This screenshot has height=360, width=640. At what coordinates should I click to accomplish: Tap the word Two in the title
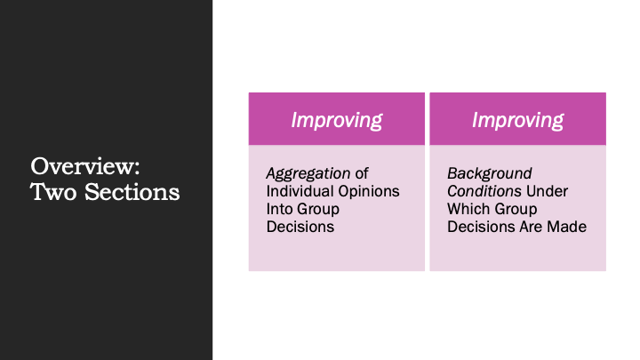tap(53, 192)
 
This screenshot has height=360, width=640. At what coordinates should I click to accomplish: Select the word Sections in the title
tap(132, 192)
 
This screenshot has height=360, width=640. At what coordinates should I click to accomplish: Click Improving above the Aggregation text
tap(337, 120)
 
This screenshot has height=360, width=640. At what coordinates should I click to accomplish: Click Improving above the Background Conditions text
tap(517, 120)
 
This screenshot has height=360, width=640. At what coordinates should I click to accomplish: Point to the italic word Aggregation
tap(308, 174)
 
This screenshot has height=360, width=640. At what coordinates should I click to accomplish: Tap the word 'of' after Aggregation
tap(362, 173)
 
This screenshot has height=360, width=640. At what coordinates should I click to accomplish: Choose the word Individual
tap(300, 191)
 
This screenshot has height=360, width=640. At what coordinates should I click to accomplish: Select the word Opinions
tap(369, 191)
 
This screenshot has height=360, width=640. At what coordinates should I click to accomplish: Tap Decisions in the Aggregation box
tap(300, 227)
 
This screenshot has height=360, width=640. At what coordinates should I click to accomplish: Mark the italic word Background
tap(490, 174)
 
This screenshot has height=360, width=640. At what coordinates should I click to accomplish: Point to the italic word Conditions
tap(484, 191)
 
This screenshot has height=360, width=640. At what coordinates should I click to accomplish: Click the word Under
tap(547, 191)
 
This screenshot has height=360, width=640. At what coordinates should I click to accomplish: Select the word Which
tap(465, 209)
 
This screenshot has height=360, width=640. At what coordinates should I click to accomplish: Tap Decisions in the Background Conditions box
tap(481, 227)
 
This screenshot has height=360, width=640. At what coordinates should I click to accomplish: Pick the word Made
tap(567, 227)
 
